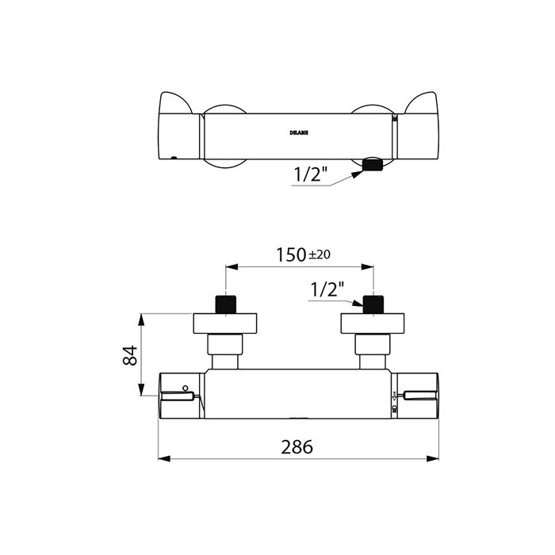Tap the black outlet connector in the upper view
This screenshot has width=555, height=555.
(372, 165)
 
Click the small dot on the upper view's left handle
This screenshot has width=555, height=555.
(174, 157)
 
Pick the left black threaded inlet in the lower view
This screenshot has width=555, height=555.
(227, 304)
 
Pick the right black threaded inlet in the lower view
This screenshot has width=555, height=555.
(373, 304)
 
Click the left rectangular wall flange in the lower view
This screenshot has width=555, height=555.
(227, 323)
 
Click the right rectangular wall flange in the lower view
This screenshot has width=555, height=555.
(373, 323)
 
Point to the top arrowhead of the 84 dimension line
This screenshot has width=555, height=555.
(142, 318)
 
